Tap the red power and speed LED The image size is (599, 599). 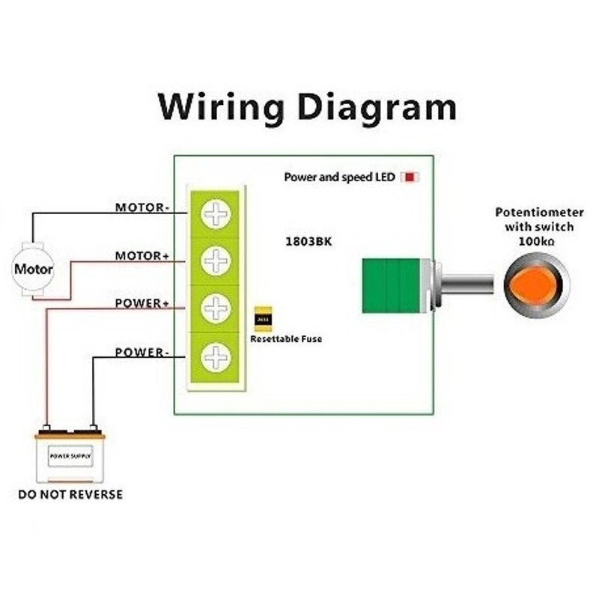pos(410,177)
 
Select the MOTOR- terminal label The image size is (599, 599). pos(142,207)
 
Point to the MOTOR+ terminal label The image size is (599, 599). pos(142,256)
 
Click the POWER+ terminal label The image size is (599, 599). pos(142,304)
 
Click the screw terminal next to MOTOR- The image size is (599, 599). pos(216,215)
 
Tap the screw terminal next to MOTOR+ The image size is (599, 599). pos(216,261)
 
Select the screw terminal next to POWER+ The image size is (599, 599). pos(216,308)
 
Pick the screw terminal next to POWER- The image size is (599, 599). pos(216,356)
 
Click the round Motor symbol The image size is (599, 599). pos(34,269)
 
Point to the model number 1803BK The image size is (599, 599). pos(307,242)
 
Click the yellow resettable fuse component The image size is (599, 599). pos(262,318)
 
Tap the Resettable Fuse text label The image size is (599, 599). pos(286,339)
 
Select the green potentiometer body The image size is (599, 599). pos(390,285)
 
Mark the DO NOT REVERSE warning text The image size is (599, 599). pos(70,494)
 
